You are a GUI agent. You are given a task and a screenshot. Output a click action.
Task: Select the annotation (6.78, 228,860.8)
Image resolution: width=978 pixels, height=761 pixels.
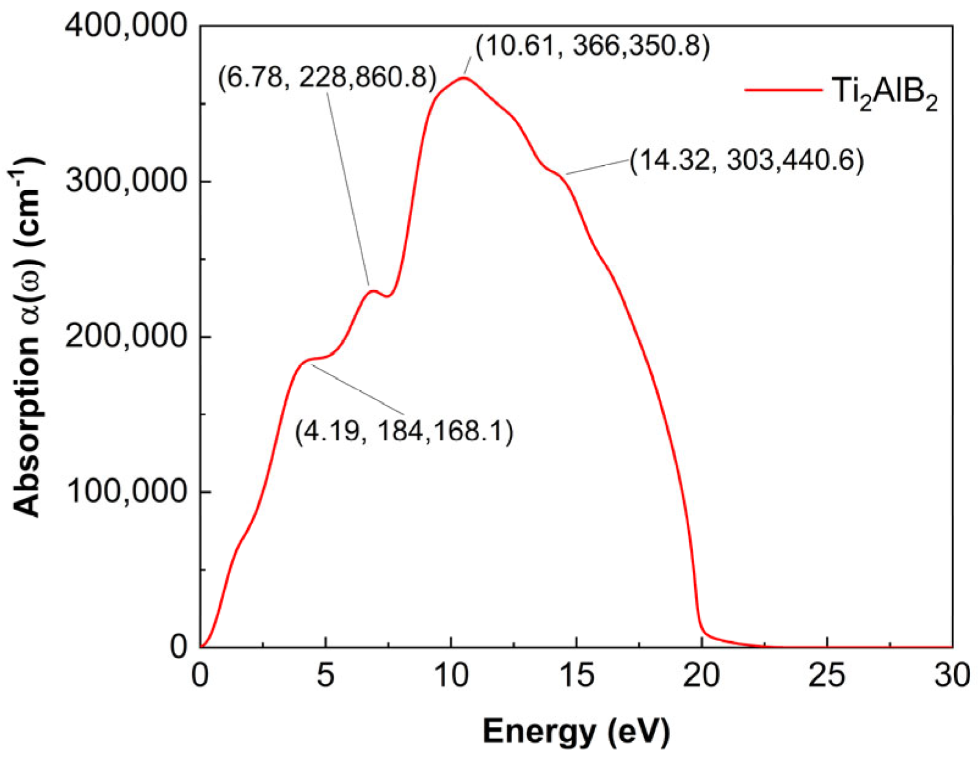(327, 78)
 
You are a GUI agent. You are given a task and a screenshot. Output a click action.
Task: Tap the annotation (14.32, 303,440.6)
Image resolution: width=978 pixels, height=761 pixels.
(747, 161)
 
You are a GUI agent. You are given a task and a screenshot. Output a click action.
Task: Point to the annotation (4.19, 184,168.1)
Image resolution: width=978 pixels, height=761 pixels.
(404, 432)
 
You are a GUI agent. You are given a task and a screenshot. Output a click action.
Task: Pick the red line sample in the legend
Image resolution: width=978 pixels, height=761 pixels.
(783, 90)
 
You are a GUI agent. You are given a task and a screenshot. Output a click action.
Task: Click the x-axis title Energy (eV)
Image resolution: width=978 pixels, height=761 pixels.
(576, 731)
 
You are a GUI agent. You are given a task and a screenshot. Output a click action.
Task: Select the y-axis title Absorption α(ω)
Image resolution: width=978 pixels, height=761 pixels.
(27, 336)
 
